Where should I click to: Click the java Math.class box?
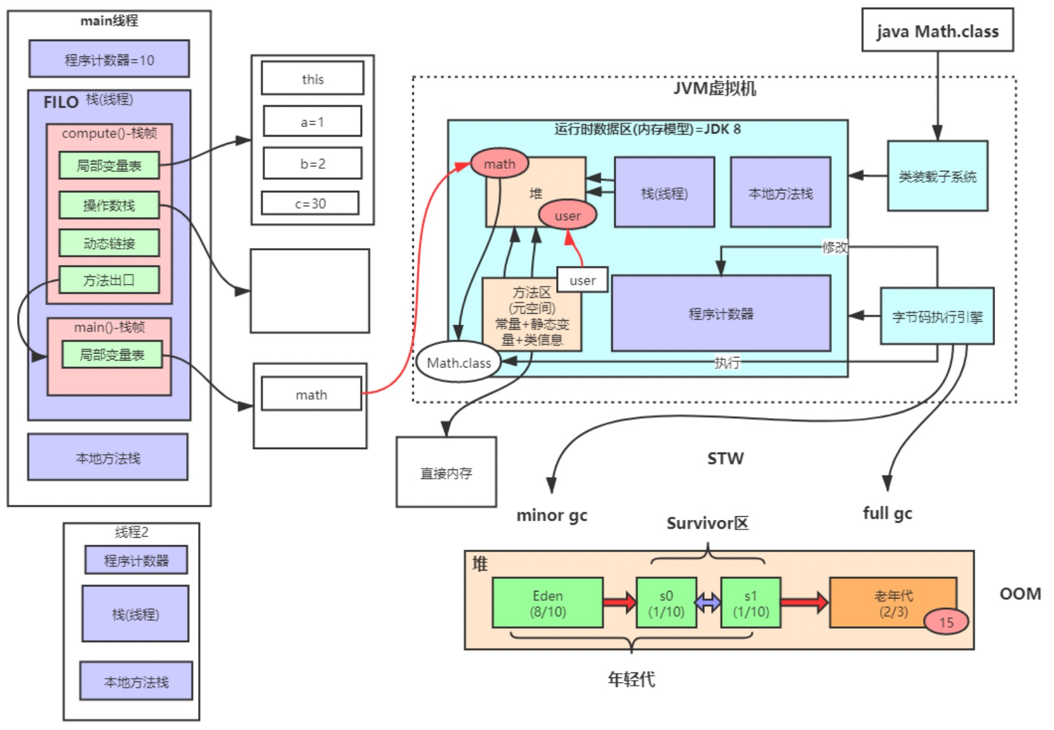[938, 30]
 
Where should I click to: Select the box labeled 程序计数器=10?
[109, 59]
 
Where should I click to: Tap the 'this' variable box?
[313, 78]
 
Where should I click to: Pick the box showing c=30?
[310, 203]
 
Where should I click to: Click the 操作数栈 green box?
[109, 205]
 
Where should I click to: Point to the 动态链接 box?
[109, 243]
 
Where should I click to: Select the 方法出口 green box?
[109, 280]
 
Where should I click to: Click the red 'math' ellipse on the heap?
[499, 164]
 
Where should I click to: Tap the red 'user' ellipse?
[567, 215]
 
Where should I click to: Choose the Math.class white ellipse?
[458, 362]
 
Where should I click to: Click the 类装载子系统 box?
[938, 176]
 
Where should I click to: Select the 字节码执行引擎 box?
[937, 316]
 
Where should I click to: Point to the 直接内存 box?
[446, 473]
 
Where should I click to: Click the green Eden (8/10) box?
[548, 603]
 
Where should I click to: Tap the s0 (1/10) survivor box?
[666, 603]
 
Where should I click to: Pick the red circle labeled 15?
[946, 622]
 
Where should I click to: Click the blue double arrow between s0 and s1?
[709, 602]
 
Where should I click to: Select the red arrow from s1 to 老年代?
[805, 602]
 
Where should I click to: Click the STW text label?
[725, 459]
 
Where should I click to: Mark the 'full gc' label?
[888, 513]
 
